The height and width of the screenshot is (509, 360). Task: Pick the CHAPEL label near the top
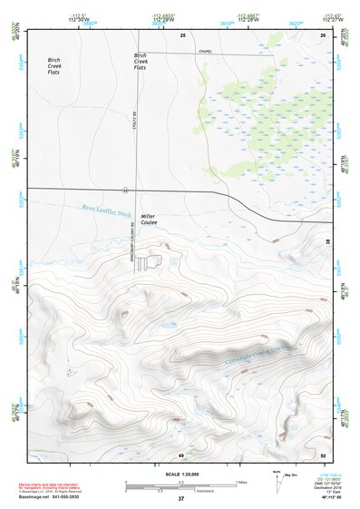pos(208,52)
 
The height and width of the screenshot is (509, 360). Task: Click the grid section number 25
pos(182,34)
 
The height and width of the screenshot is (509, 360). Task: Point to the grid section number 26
pos(323,34)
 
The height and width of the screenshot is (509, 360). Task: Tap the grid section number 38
pos(327,240)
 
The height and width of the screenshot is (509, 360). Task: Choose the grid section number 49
pos(181,454)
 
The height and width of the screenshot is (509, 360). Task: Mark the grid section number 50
pos(323,454)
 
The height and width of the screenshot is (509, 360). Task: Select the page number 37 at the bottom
pos(180,498)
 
